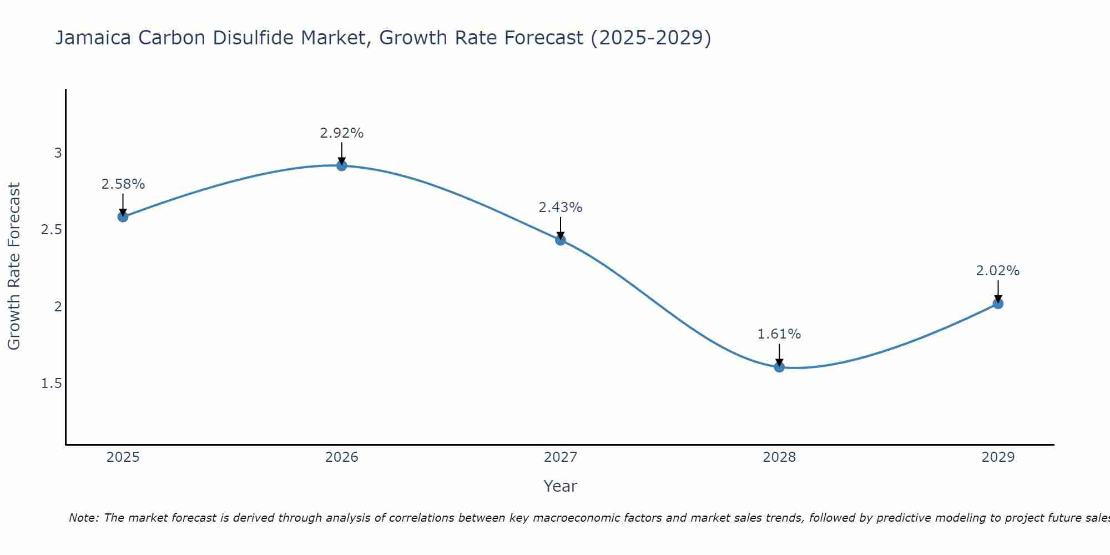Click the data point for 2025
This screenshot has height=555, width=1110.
click(x=123, y=216)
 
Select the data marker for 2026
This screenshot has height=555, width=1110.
click(x=342, y=165)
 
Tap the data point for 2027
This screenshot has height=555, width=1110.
click(x=561, y=240)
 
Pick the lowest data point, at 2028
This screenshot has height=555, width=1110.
click(x=779, y=367)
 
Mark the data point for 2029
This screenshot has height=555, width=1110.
click(x=998, y=304)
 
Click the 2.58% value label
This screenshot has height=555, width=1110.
click(x=123, y=184)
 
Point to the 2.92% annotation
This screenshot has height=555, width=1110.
click(x=342, y=133)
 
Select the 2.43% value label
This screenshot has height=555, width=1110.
click(x=561, y=208)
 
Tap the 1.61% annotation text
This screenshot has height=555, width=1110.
click(x=779, y=334)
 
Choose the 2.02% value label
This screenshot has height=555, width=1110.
click(x=998, y=271)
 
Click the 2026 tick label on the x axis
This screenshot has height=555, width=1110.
click(x=342, y=457)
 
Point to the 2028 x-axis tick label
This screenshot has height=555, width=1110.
click(x=779, y=457)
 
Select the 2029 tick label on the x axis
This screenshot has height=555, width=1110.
click(x=998, y=457)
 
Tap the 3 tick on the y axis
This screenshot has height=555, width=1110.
click(x=58, y=153)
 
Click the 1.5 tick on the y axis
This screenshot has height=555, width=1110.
click(x=52, y=384)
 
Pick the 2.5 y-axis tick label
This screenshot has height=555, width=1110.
click(x=52, y=230)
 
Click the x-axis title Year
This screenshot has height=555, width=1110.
click(x=561, y=486)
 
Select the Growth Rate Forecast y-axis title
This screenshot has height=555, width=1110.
click(x=14, y=266)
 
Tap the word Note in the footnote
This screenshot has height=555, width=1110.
click(x=83, y=518)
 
